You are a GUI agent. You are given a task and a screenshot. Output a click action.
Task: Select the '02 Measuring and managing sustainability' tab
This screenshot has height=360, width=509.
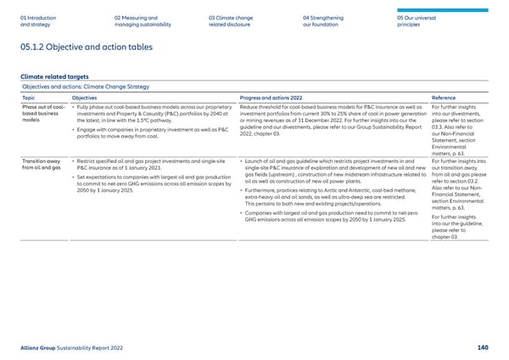point(135,20)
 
